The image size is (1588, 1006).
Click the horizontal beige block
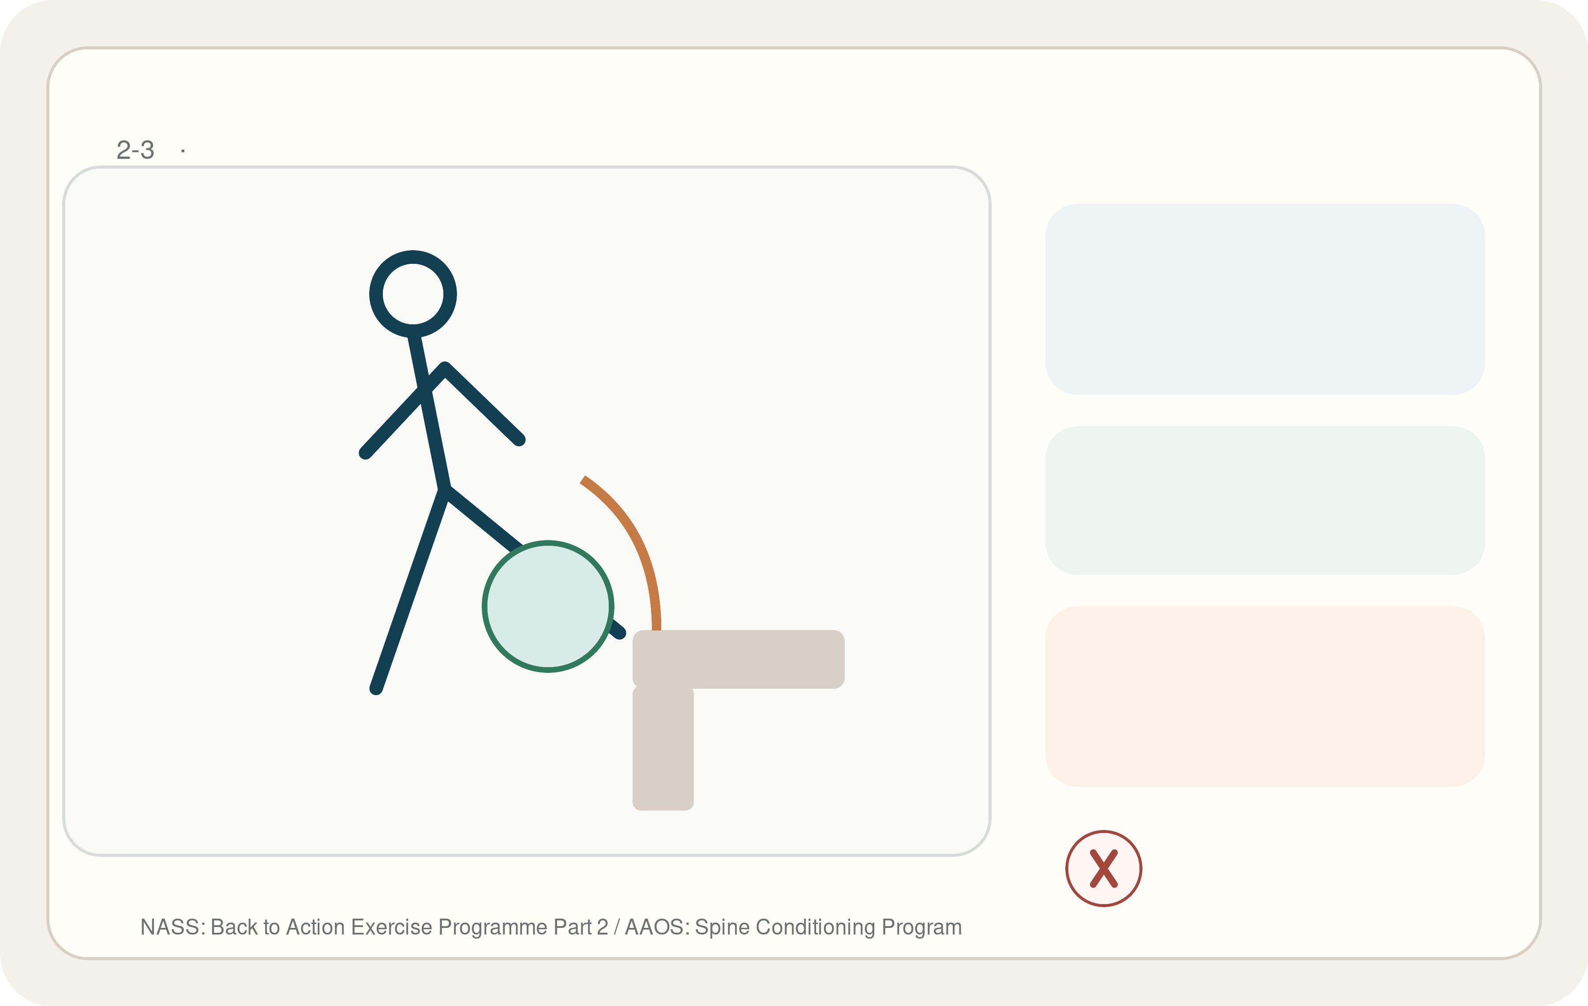click(x=738, y=659)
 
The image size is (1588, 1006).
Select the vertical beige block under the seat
click(x=663, y=749)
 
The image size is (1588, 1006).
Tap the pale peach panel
click(x=1265, y=696)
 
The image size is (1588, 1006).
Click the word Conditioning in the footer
click(x=815, y=927)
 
